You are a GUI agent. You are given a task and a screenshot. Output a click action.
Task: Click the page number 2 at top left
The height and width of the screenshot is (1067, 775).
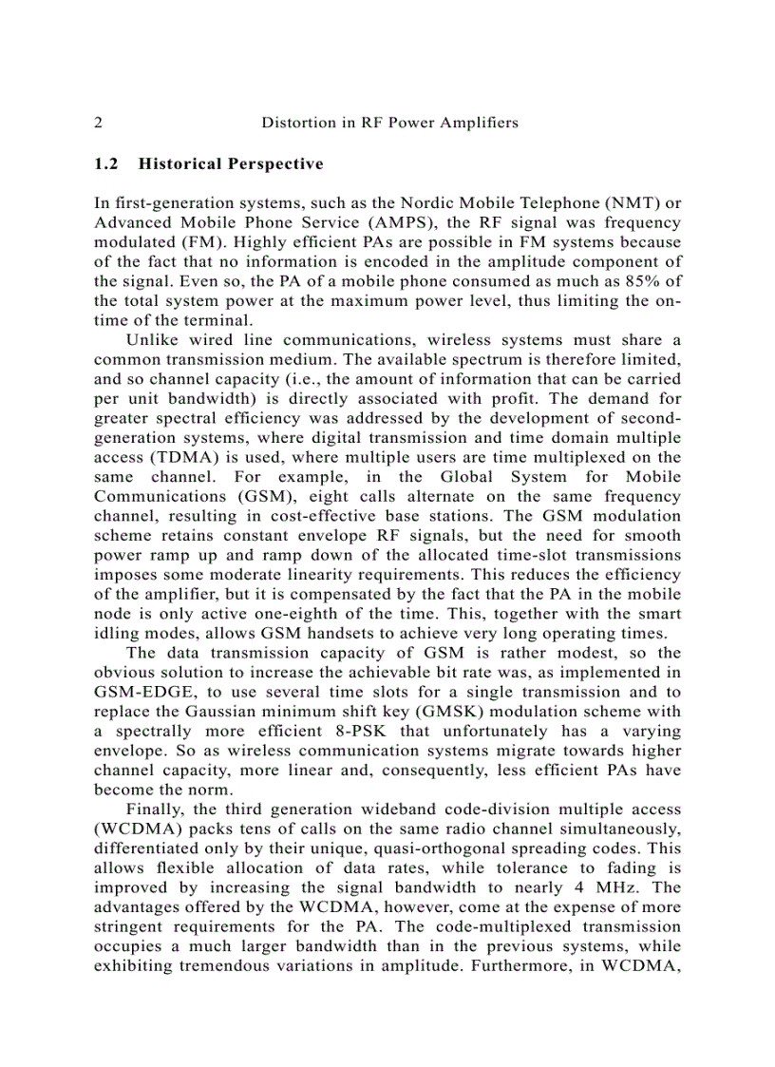click(99, 123)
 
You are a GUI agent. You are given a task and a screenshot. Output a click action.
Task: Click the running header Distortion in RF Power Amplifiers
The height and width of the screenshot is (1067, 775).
click(389, 123)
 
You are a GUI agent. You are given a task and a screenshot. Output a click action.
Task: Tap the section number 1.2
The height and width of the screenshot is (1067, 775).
click(106, 163)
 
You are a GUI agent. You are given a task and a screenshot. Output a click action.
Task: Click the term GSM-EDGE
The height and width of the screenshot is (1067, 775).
click(143, 692)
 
